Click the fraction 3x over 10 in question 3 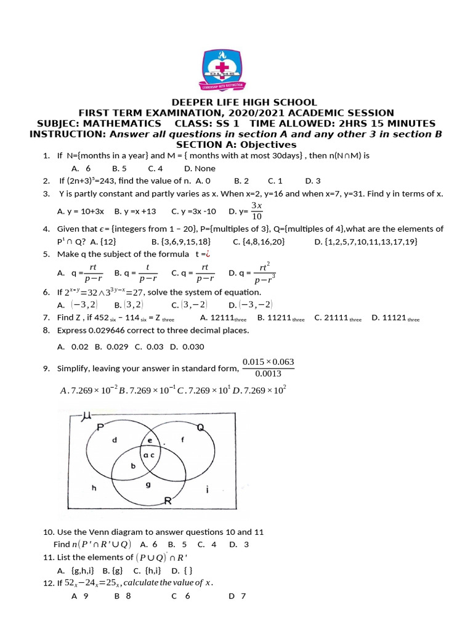coord(256,211)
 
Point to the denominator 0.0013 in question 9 coord(268,373)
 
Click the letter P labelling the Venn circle coord(100,426)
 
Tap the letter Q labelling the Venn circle coord(200,427)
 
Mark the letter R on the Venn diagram coord(166,502)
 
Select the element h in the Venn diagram coord(94,487)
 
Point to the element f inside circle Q coord(182,439)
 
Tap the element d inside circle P coord(114,440)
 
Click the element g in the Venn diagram coord(148,484)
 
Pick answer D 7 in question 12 coord(237,596)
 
